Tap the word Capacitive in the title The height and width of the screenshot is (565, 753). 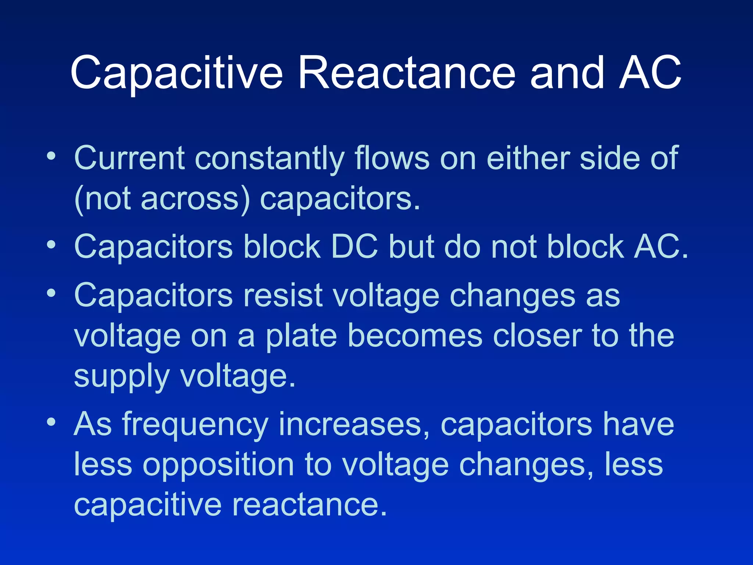pyautogui.click(x=176, y=74)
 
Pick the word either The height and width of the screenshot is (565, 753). pyautogui.click(x=528, y=158)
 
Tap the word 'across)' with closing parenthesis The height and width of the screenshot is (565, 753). pyautogui.click(x=195, y=199)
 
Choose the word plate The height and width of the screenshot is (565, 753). pyautogui.click(x=301, y=337)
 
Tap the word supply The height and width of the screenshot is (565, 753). pyautogui.click(x=121, y=377)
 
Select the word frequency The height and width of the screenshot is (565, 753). pyautogui.click(x=195, y=425)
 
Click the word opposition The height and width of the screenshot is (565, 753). pyautogui.click(x=218, y=466)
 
